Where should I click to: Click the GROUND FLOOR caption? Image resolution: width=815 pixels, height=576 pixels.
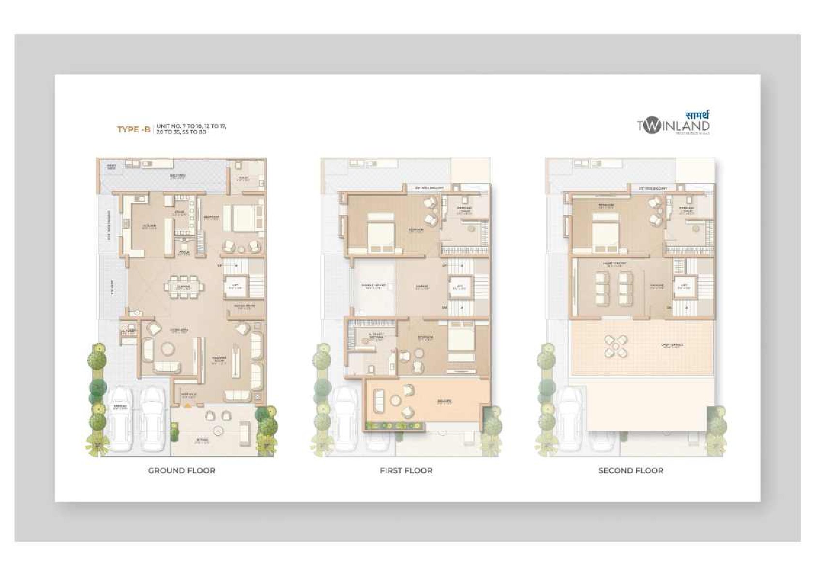click(181, 470)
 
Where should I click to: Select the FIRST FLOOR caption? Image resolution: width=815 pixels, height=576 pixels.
click(406, 470)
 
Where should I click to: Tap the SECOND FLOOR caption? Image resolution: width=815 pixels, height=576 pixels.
click(631, 470)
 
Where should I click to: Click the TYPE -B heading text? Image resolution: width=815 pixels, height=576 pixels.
click(134, 129)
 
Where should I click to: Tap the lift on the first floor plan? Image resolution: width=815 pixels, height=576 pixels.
click(460, 287)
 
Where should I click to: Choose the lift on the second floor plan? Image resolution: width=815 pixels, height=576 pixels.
click(684, 287)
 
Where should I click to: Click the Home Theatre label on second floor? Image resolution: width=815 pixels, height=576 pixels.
click(615, 264)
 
